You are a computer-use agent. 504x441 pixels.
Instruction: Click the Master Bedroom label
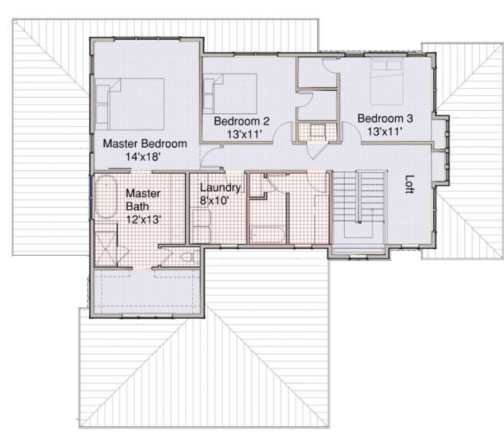tap(145, 144)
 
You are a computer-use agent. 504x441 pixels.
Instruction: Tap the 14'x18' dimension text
tap(143, 157)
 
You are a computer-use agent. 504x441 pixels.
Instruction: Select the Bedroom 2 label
tap(242, 121)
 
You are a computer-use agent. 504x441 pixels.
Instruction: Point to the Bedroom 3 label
tap(385, 118)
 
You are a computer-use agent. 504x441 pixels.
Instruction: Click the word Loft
tap(409, 184)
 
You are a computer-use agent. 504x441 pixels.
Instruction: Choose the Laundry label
tap(220, 188)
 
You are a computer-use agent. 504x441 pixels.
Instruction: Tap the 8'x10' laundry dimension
tap(214, 200)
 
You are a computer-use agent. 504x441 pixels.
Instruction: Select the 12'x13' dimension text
tap(144, 219)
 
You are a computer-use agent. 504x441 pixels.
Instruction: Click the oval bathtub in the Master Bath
tap(106, 197)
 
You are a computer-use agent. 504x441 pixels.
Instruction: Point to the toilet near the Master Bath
tap(190, 257)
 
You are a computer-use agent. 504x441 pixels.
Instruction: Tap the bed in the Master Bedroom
tap(130, 104)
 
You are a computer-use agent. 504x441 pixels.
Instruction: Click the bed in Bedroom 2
tap(230, 93)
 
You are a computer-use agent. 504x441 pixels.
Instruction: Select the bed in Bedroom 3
tap(386, 82)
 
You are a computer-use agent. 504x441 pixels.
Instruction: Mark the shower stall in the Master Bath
tap(106, 247)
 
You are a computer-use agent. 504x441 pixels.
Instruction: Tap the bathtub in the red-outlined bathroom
tap(268, 235)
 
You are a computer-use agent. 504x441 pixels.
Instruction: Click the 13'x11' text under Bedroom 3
tap(385, 132)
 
